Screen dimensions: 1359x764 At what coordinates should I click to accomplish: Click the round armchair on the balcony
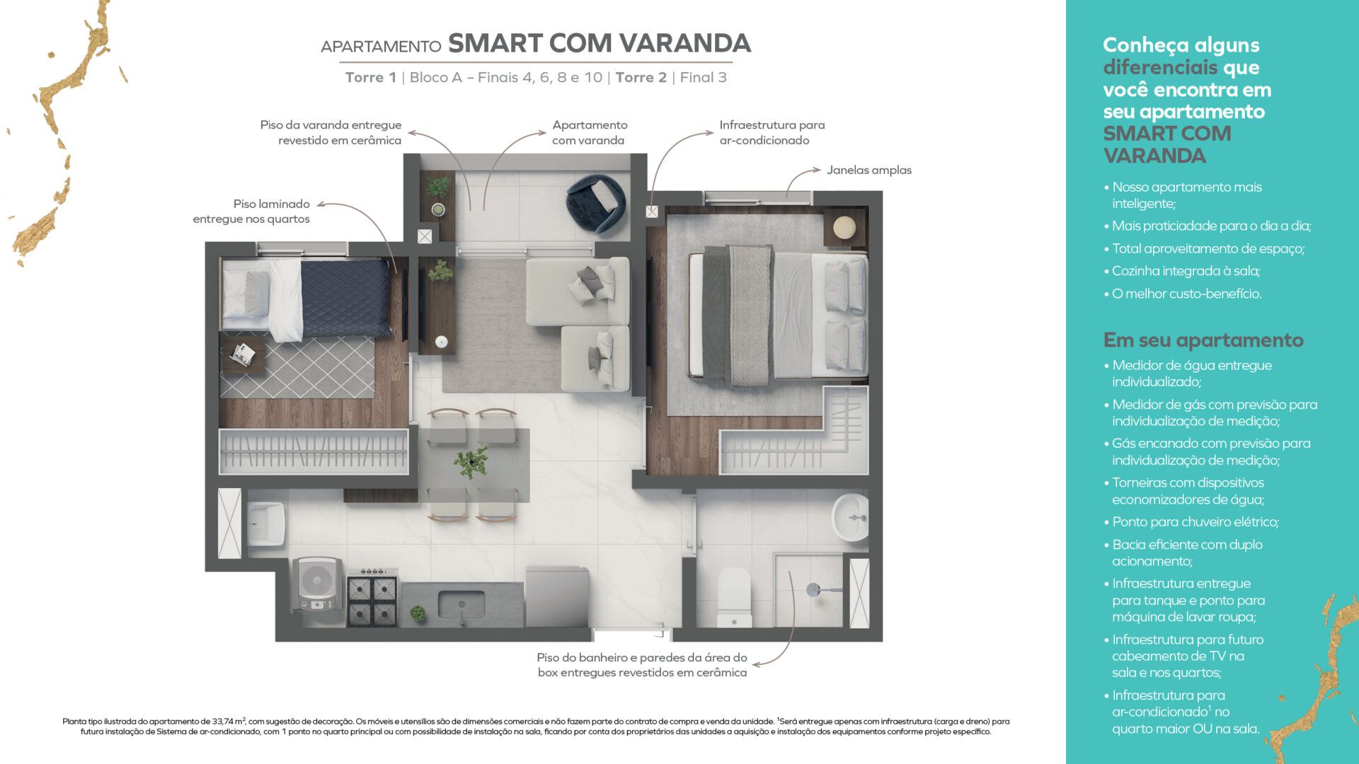click(x=596, y=203)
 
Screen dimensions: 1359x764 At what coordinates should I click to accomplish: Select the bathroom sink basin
click(x=851, y=517)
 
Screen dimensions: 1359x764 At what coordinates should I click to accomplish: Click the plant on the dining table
click(x=471, y=461)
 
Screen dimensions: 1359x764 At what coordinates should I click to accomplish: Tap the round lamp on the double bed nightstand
click(x=844, y=227)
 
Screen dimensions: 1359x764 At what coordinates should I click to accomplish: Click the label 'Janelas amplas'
click(x=868, y=170)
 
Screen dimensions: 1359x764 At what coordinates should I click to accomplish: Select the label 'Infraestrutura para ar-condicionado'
click(x=772, y=132)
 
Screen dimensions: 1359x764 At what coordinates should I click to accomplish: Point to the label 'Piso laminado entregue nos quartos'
click(x=251, y=212)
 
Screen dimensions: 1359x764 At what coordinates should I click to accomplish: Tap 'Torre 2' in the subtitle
click(x=641, y=77)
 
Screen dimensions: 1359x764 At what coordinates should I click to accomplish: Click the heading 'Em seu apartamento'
click(x=1203, y=340)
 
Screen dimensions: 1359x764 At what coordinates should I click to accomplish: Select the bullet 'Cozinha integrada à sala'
click(x=1186, y=271)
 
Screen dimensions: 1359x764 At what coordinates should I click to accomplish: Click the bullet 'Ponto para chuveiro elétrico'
click(x=1195, y=522)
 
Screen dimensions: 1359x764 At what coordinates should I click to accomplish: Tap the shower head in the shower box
click(x=814, y=589)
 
